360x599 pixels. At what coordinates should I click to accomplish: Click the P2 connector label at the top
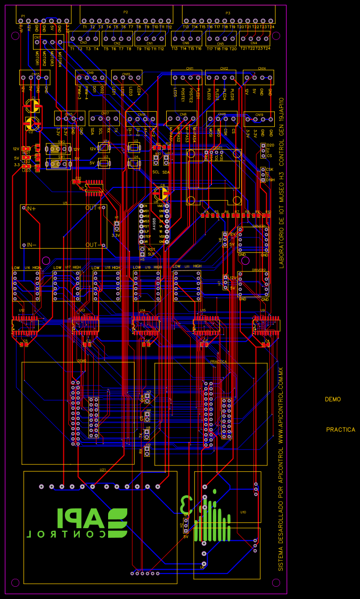[x=126, y=12]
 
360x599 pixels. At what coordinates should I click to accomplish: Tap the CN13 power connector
[x=35, y=77]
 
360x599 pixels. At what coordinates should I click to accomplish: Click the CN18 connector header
[x=141, y=118]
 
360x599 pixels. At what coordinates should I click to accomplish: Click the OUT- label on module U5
[x=96, y=245]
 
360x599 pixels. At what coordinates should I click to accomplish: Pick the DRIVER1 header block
[x=253, y=240]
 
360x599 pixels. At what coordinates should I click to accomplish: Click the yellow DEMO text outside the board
[x=333, y=399]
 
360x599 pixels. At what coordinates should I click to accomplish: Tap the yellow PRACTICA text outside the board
[x=340, y=430]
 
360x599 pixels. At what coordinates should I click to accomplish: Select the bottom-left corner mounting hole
[x=15, y=582]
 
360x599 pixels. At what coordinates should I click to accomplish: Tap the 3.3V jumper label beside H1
[x=116, y=235]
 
